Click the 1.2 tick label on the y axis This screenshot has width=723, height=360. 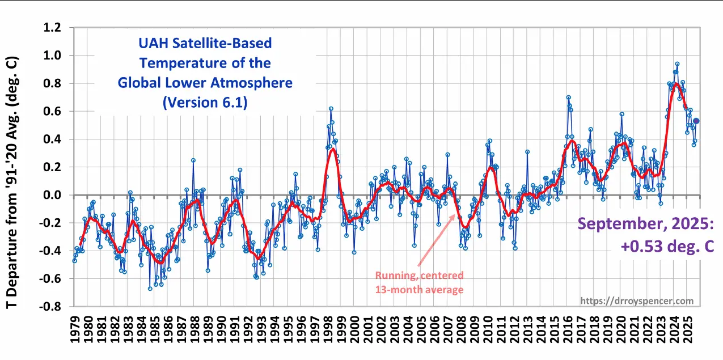tap(54, 27)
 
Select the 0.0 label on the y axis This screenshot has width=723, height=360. tap(54, 195)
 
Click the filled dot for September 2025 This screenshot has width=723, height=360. tap(696, 121)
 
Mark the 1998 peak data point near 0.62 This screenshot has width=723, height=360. tap(331, 108)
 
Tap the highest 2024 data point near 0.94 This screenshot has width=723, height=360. tap(677, 64)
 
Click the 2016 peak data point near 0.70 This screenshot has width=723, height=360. tap(568, 98)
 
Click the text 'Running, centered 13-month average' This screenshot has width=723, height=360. tap(419, 282)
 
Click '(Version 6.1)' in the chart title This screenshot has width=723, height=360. tap(205, 103)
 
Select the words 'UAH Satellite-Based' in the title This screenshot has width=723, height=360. tap(205, 43)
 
